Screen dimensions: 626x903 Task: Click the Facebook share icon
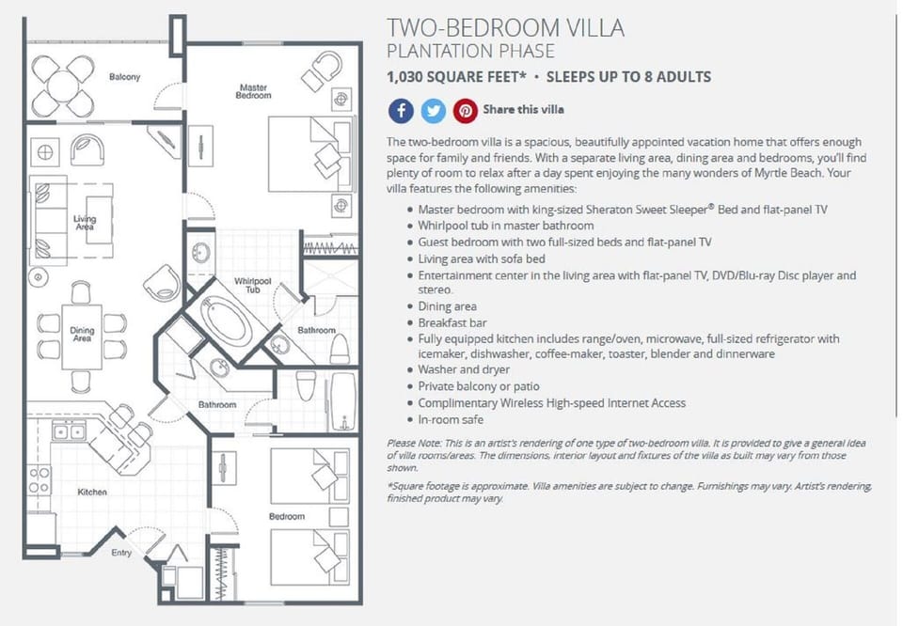click(401, 111)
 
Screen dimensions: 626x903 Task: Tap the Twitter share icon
click(433, 111)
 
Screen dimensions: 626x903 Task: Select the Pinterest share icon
click(466, 111)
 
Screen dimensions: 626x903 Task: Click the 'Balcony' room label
click(124, 77)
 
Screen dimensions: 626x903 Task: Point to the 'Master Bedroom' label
click(253, 91)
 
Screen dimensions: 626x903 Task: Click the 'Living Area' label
click(85, 223)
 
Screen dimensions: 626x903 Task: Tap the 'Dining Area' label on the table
click(82, 335)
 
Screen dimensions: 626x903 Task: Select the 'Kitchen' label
click(92, 492)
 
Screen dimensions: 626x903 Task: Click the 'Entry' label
click(121, 553)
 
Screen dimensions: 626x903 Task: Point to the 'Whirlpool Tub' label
click(253, 285)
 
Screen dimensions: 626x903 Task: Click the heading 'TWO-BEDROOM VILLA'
click(505, 28)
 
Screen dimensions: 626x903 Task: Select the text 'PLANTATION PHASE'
click(470, 51)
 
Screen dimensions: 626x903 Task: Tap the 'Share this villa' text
click(523, 110)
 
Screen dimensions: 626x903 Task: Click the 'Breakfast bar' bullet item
click(447, 322)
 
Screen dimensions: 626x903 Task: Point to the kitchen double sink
click(69, 432)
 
